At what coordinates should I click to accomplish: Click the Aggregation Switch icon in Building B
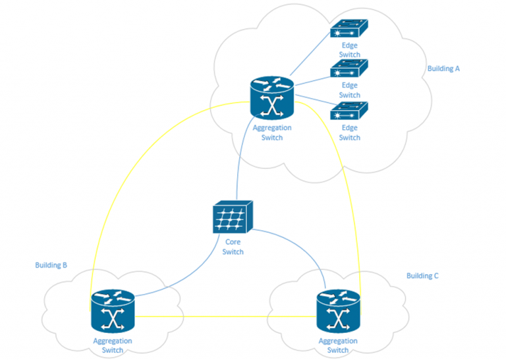pos(112,312)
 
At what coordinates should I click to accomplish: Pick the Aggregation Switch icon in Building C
pos(338,312)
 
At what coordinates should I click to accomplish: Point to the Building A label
pos(443,69)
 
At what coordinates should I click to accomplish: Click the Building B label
pos(51,265)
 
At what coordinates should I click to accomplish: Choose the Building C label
pos(422,276)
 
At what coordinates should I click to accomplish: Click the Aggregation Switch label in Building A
pos(272,133)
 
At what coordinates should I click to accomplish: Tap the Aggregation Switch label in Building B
pos(112,345)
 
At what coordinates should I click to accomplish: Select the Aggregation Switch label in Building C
pos(338,345)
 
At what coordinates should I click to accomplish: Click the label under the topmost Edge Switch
pos(349,50)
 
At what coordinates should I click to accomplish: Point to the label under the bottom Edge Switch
pos(349,133)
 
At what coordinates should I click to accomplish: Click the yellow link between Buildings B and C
pos(224,315)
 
